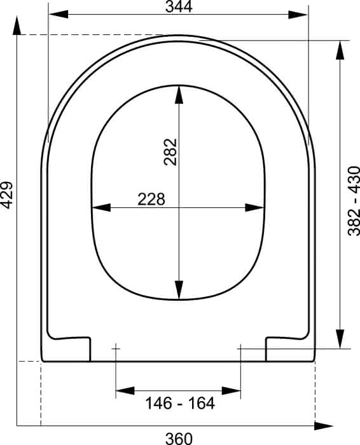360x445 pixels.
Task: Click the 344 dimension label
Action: (179, 6)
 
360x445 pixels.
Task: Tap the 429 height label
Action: (6, 195)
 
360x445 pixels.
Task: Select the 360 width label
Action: (179, 439)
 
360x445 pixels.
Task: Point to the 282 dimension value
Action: (170, 152)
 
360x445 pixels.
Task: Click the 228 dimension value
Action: (151, 199)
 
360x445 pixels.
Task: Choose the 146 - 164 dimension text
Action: (180, 403)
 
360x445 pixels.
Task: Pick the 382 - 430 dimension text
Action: (354, 201)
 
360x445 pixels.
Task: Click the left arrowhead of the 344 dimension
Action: (59, 14)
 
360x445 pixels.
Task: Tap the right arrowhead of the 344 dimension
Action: (298, 15)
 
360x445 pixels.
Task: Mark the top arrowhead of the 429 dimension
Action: (17, 25)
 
